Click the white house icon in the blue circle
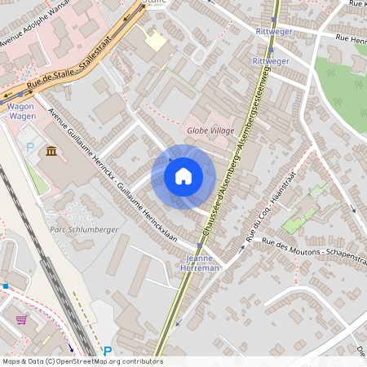[x=183, y=175]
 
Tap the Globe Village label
[x=210, y=130]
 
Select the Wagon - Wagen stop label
[x=22, y=111]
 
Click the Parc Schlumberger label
[x=84, y=230]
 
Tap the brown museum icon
[x=51, y=152]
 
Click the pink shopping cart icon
[x=21, y=320]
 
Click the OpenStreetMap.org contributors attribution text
[x=82, y=361]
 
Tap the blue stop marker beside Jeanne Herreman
[x=199, y=245]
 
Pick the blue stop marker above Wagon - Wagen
[x=20, y=95]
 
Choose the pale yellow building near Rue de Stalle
[x=155, y=40]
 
